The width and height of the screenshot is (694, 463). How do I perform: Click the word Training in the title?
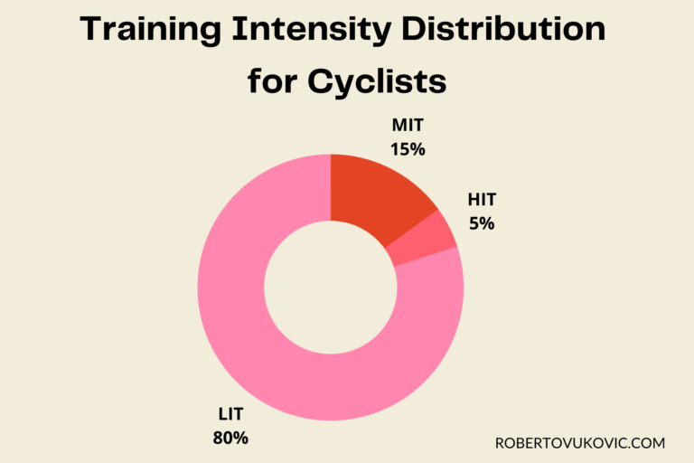[148, 32]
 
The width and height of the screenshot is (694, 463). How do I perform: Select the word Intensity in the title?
[311, 32]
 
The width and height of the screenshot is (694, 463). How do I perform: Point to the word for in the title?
[274, 82]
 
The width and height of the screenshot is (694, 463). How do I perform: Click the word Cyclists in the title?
[378, 82]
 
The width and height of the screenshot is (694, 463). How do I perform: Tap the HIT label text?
[482, 200]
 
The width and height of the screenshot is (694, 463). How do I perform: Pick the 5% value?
[482, 222]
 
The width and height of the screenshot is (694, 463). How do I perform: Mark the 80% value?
[230, 439]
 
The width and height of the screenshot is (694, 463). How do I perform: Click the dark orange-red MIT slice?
[375, 195]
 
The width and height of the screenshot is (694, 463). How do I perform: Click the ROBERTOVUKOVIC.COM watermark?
[580, 443]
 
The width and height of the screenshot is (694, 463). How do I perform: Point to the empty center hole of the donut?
[331, 288]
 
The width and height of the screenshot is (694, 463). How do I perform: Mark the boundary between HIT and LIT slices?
[426, 257]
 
